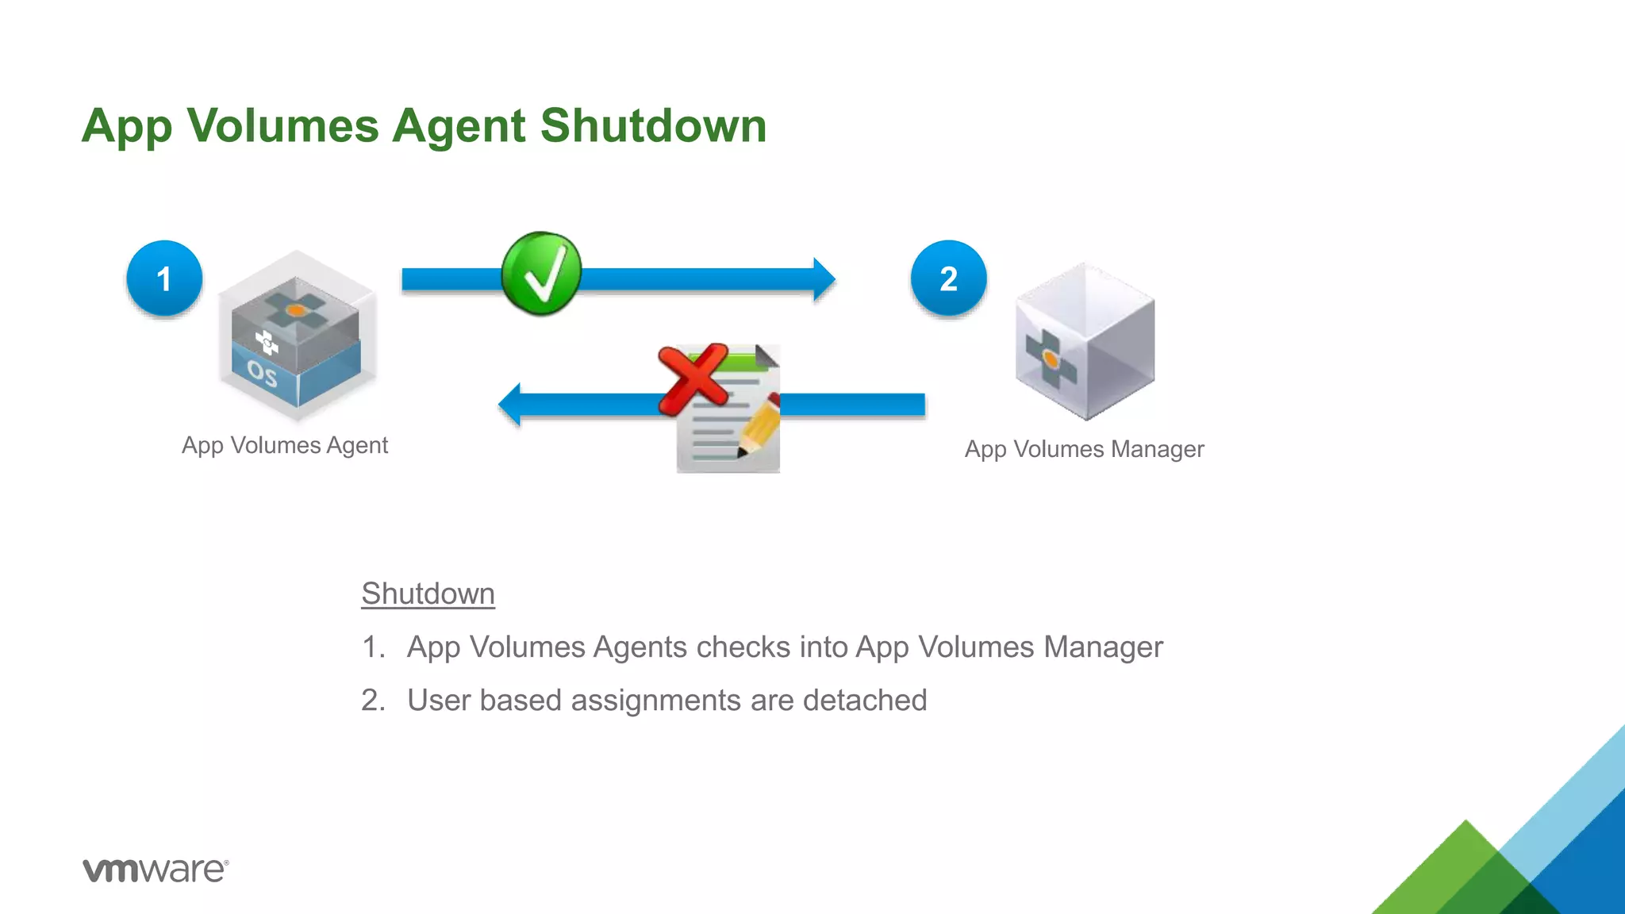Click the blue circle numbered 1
coord(164,278)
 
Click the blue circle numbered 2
coord(948,278)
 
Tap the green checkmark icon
coord(541,274)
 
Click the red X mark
coord(693,378)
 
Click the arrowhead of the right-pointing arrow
coord(824,279)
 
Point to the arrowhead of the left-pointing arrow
coord(510,405)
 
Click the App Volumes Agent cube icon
coord(296,337)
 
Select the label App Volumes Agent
coord(285,445)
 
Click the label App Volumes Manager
coord(1084,449)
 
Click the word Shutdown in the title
coord(653,126)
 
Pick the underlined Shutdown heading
coord(428,593)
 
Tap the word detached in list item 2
coord(864,701)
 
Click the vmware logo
coord(156,870)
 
